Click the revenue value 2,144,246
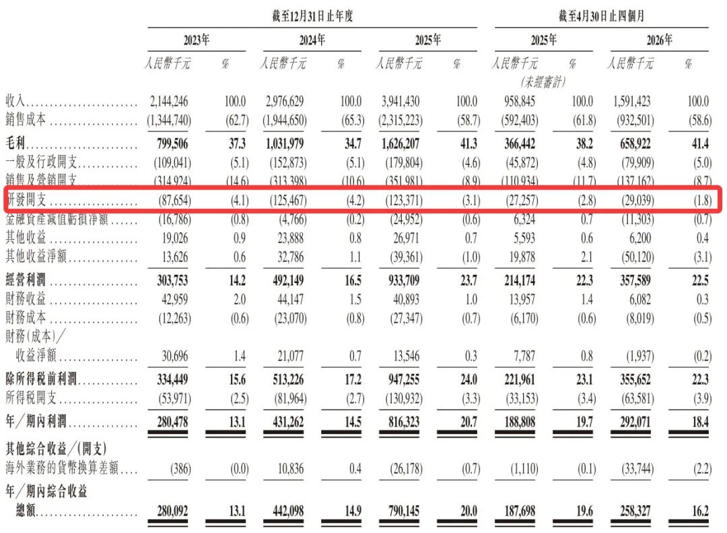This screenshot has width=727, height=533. [x=169, y=101]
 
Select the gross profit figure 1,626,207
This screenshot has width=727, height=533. [x=401, y=144]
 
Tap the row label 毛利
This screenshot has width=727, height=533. [x=15, y=143]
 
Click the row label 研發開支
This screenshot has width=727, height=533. [x=26, y=199]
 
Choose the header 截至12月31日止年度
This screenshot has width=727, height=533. [x=312, y=16]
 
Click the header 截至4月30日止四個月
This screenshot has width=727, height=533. [x=601, y=16]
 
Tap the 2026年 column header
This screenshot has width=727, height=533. [x=659, y=40]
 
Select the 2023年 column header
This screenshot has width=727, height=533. [x=197, y=40]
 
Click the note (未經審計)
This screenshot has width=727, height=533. [x=543, y=82]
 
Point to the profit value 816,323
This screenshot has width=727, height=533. [x=404, y=422]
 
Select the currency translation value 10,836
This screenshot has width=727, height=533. [x=291, y=468]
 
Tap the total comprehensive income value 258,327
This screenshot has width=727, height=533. [x=635, y=511]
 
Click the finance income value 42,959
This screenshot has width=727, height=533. [x=175, y=299]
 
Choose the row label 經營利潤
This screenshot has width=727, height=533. [x=26, y=280]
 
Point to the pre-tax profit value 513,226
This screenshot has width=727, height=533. [x=288, y=379]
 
